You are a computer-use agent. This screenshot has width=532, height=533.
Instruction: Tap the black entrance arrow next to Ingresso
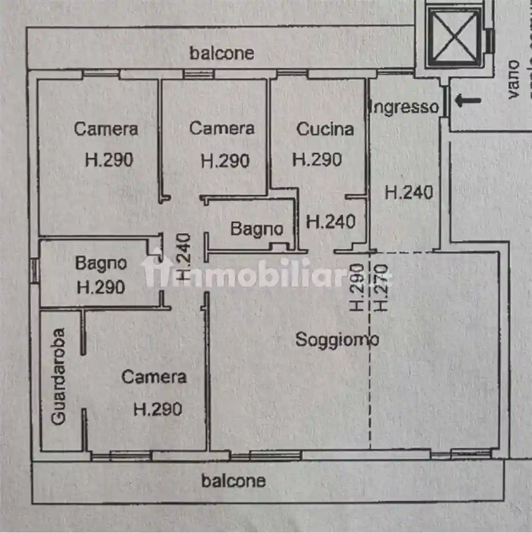coord(468,101)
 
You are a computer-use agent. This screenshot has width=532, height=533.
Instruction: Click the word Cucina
coord(325,129)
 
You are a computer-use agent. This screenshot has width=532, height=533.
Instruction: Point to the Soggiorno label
coord(337,340)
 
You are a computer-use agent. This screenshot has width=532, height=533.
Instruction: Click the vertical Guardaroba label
coord(60,376)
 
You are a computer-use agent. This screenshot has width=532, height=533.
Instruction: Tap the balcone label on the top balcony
coord(222,53)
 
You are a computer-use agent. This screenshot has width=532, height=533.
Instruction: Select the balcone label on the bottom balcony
coord(233,481)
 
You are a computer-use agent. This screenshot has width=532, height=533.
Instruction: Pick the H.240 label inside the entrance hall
coord(409,192)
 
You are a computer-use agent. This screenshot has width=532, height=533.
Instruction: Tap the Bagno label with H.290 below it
coord(101,263)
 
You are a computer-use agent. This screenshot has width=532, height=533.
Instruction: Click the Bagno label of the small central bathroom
coord(257,229)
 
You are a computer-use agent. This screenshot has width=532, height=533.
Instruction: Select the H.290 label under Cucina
coord(317,160)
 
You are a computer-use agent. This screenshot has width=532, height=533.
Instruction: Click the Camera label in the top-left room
coord(105,129)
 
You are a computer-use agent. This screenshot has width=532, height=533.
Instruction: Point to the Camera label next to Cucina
coord(222,128)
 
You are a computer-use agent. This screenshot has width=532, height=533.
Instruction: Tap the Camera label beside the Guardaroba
coord(154,377)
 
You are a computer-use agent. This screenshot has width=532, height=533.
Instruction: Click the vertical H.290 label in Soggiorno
coord(357,287)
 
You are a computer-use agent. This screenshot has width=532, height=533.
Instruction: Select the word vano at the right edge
coord(513,79)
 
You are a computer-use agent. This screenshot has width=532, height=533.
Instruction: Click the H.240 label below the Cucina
coord(331,222)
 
